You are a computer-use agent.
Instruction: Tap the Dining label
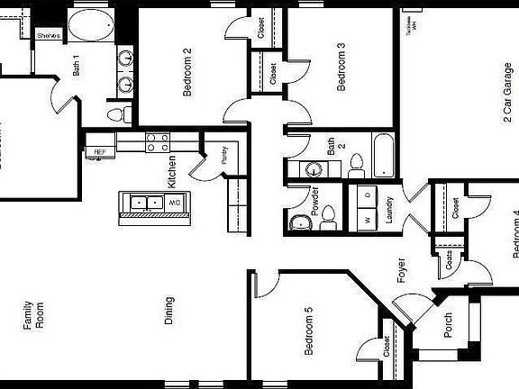(169, 311)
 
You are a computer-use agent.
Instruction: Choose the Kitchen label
(171, 171)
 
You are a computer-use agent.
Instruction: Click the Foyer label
(402, 271)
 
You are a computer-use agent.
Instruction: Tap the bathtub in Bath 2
(382, 156)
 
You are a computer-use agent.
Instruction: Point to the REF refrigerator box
(99, 152)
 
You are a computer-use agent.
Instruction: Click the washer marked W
(368, 220)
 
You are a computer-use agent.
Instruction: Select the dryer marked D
(368, 195)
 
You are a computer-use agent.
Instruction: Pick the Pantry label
(224, 154)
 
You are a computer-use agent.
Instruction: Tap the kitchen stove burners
(158, 140)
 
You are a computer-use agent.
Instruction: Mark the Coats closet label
(447, 265)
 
